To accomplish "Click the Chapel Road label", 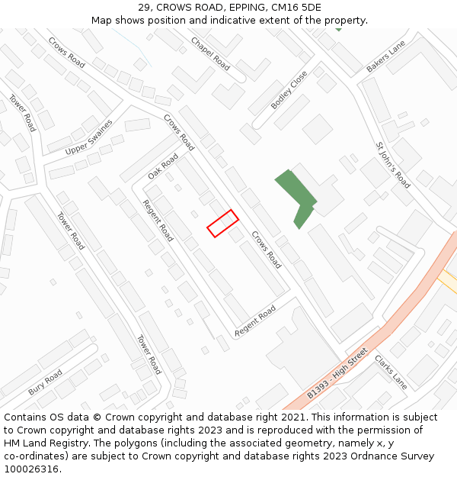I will coord(209,53).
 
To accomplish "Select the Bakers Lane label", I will coord(385,57).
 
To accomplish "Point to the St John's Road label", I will coord(393,164).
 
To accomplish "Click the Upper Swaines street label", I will coord(88,137).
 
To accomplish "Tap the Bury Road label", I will coord(46,382).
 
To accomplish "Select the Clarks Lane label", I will coord(391,372).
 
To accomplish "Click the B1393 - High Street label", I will coord(337,373).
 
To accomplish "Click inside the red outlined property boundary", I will coord(222,223).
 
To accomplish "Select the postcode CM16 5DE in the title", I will coord(295,8).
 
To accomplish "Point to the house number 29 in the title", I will coord(145,8).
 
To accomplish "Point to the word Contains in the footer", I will coord(24,417).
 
